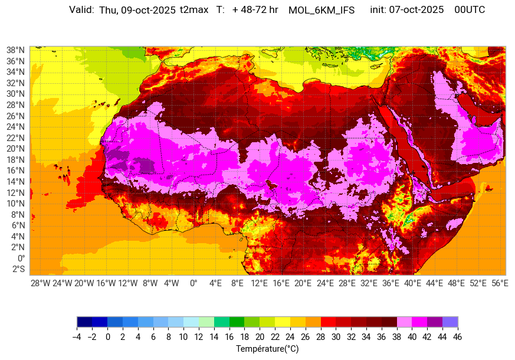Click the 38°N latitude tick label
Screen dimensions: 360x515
(x=15, y=50)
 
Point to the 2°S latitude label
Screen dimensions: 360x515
(x=18, y=269)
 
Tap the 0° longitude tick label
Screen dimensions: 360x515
(x=193, y=283)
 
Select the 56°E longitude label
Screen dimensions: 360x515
(x=499, y=283)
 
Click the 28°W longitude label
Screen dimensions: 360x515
(x=41, y=283)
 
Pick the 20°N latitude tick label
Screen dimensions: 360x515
(x=15, y=149)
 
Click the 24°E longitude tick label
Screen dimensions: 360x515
(x=324, y=283)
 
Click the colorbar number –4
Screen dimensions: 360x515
(x=77, y=337)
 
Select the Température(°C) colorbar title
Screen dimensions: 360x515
(x=267, y=349)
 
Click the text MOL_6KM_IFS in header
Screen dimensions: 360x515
(x=322, y=10)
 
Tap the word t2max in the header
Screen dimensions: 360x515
(x=194, y=10)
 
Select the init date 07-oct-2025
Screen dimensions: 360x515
(x=416, y=10)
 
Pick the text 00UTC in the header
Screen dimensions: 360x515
(x=470, y=10)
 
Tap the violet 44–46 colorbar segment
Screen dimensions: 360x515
(x=450, y=322)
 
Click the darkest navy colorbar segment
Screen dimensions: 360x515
(x=84, y=322)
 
